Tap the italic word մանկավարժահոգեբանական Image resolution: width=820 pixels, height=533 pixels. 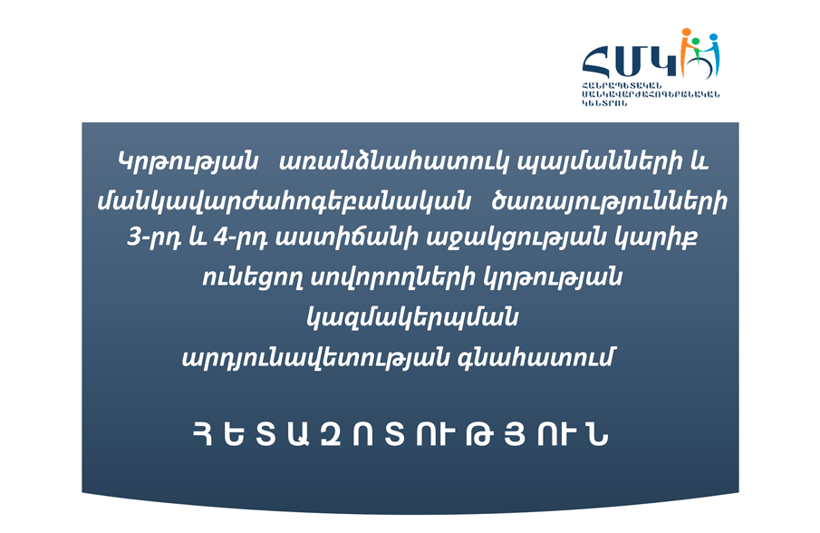(285, 201)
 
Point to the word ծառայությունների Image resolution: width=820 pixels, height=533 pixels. (609, 202)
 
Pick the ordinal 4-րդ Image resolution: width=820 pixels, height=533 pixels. (241, 238)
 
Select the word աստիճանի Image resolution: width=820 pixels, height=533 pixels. (347, 238)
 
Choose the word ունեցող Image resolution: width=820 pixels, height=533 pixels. (253, 277)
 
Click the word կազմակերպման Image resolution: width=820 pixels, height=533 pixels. (412, 317)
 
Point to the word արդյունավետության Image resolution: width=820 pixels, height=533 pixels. (315, 357)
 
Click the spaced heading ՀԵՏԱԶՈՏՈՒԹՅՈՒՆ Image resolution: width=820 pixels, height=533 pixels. (400, 434)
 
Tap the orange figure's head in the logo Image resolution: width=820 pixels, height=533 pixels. (686, 33)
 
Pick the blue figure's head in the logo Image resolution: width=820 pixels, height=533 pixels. (713, 38)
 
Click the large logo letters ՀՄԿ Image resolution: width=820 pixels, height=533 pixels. (630, 61)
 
